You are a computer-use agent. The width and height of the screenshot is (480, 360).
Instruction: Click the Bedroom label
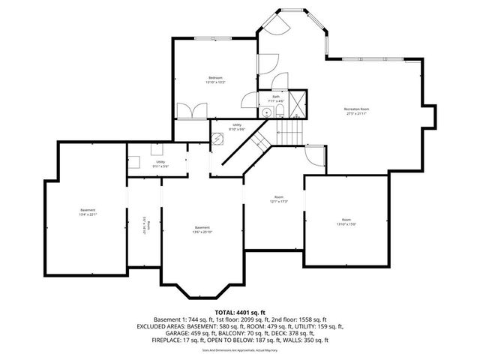point(216,79)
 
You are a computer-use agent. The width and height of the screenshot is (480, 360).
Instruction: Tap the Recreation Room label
point(357,111)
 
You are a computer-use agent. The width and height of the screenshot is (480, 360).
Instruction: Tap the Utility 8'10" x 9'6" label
point(237,127)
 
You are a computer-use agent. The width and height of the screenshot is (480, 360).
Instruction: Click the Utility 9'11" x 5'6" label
point(160,163)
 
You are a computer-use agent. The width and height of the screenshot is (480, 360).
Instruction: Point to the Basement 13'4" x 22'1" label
point(88,211)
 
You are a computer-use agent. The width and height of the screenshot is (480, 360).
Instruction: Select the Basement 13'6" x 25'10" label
point(202,229)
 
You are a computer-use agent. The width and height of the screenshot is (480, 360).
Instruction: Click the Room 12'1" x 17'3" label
point(278,199)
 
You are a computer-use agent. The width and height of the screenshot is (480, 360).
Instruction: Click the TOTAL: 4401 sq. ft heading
point(240,311)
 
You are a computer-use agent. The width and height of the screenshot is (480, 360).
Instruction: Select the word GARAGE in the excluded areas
point(148,334)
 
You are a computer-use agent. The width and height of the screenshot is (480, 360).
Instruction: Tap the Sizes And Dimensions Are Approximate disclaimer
point(240,350)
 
